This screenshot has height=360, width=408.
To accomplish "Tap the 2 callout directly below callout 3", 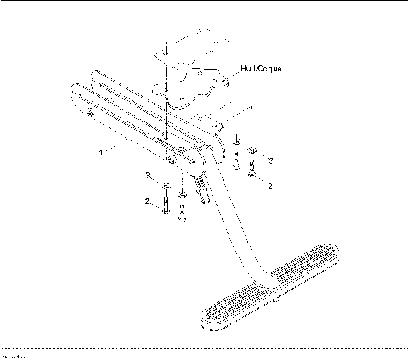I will (146, 202).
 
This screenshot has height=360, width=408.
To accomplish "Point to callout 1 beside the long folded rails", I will (100, 154).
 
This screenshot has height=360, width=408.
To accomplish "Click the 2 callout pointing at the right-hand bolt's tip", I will (270, 184).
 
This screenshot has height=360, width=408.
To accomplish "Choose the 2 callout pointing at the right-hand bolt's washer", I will (270, 159).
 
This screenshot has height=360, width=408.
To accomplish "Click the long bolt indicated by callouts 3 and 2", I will (165, 204).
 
